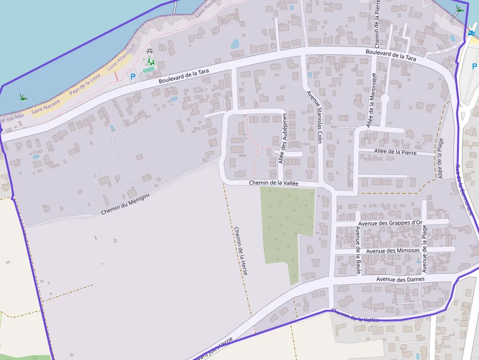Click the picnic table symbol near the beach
150,51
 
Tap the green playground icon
151,62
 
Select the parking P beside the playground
133,76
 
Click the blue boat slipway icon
471,32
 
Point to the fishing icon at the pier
458,8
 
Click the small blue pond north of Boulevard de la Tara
235,44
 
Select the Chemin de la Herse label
240,250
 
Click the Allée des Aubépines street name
282,139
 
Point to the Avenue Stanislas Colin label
314,116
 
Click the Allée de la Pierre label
395,152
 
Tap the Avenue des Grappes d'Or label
390,223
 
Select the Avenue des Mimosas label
392,251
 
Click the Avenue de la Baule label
358,250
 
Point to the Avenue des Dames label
400,279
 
